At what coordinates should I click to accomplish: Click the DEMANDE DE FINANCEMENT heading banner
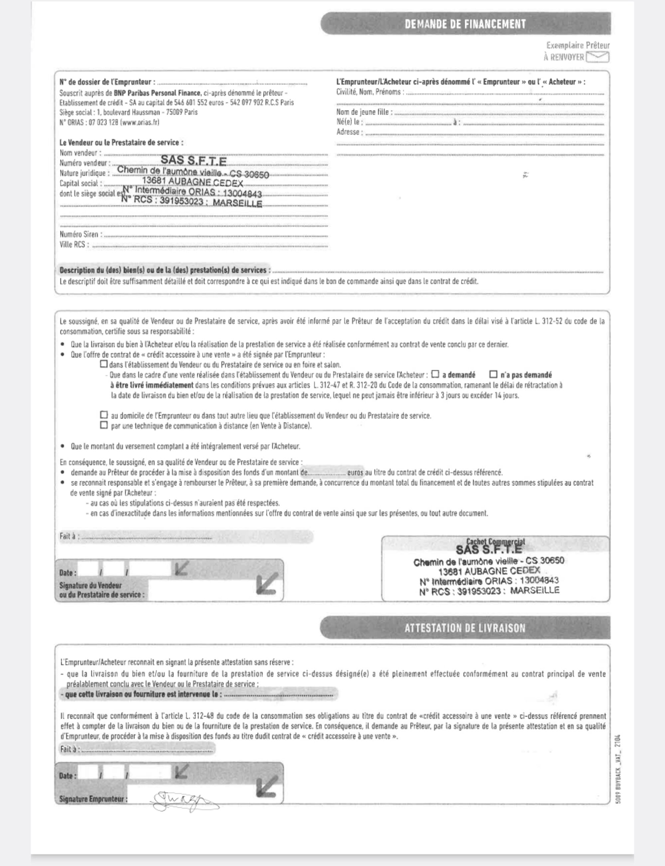[465, 24]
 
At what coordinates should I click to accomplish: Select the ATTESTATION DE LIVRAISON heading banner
[465, 628]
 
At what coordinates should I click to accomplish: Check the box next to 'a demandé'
[436, 374]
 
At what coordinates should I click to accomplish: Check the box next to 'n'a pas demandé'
[493, 374]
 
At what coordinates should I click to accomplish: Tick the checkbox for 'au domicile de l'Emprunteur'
[104, 415]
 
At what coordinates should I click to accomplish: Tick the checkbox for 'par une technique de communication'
[104, 425]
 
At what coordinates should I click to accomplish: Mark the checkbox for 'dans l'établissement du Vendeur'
[104, 364]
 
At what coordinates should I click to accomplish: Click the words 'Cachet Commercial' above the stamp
[495, 541]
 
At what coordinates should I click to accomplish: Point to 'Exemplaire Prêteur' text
[578, 46]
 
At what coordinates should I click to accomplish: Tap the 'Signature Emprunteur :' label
[93, 799]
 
